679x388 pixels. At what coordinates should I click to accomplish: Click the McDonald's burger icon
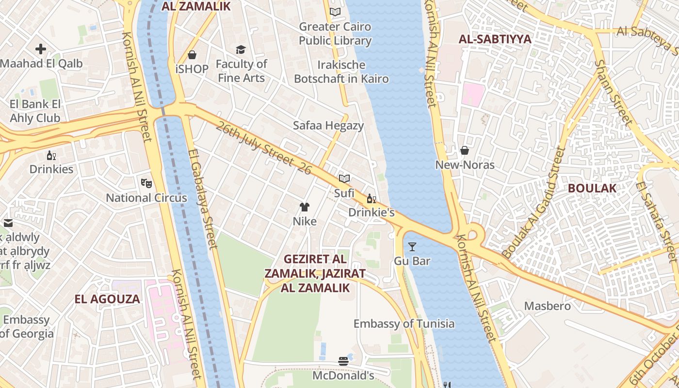click(x=343, y=361)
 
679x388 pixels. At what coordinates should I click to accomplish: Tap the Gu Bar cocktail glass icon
click(x=412, y=247)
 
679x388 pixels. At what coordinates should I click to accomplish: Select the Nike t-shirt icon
click(x=304, y=208)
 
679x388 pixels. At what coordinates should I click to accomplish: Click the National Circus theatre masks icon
click(x=146, y=183)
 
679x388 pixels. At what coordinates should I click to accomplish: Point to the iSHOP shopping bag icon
click(x=192, y=55)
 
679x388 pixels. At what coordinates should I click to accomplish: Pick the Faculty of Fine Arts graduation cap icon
click(x=241, y=49)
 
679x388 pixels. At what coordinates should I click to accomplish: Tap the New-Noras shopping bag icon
click(x=465, y=150)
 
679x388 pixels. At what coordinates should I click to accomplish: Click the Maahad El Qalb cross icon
click(x=41, y=49)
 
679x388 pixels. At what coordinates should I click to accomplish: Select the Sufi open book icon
click(x=344, y=179)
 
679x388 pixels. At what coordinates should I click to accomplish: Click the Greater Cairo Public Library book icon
click(x=335, y=12)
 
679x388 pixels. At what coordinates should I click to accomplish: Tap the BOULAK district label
click(x=592, y=188)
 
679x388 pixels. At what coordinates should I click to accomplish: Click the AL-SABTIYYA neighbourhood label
click(x=495, y=39)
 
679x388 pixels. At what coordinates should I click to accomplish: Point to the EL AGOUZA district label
click(x=107, y=299)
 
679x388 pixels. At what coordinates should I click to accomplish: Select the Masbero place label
click(x=548, y=306)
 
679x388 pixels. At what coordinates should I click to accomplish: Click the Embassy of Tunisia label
click(x=404, y=323)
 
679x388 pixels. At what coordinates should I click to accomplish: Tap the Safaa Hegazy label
click(x=328, y=126)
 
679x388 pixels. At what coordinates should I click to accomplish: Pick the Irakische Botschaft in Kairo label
click(x=341, y=71)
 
